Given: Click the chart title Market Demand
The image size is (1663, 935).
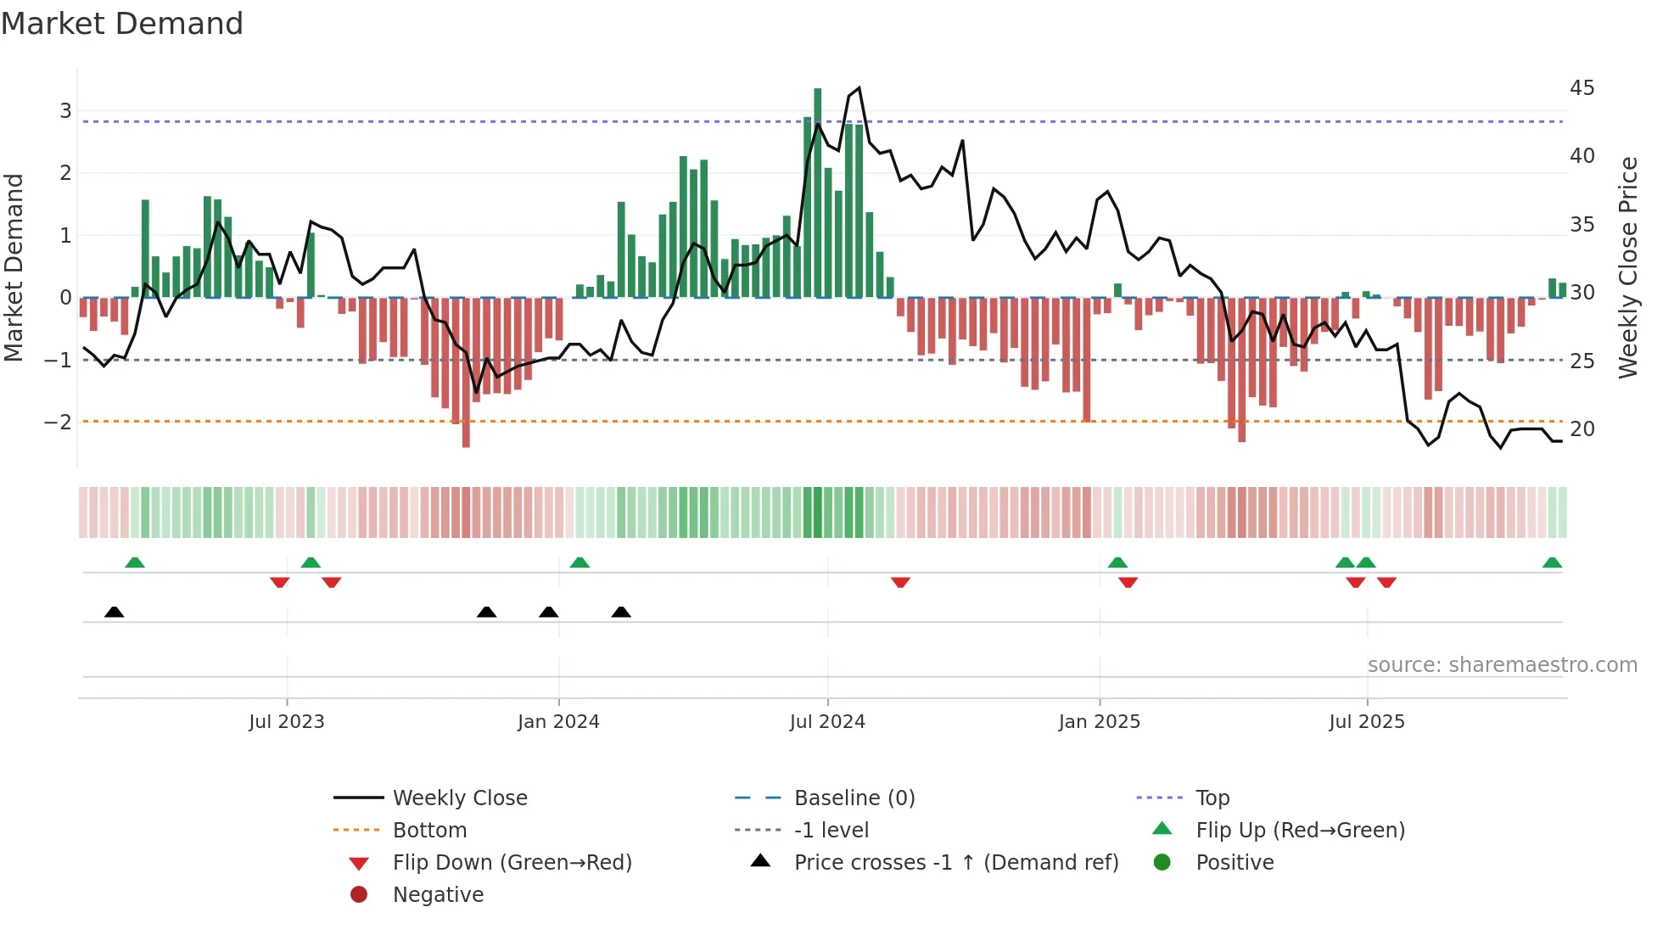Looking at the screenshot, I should point(122,24).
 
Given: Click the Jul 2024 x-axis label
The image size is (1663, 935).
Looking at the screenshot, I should point(827,722).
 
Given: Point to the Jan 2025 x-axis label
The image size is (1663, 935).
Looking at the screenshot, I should point(1099,722).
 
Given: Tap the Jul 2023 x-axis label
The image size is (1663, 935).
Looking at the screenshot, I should point(287,722).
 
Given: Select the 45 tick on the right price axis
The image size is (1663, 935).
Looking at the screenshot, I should point(1582,88).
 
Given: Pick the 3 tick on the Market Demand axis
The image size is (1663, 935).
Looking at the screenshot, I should point(65,111).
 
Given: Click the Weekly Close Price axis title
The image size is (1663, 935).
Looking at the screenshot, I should point(1627,267).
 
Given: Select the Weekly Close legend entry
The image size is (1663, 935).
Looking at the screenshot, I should point(459,798).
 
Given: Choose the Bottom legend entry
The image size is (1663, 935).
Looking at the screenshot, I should point(429,831).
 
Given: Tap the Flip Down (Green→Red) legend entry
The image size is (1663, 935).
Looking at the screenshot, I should point(512,863).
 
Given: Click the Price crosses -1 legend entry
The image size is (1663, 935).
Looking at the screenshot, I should point(956,863).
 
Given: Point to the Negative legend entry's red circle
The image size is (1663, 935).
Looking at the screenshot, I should point(359,895).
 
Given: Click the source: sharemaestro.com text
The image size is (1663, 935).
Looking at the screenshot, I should point(1502,665).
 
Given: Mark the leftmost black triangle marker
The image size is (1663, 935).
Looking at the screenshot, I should point(115,613).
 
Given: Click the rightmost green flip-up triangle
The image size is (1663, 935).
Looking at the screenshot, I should point(1552,563).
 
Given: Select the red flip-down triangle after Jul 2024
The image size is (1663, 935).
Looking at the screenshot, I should point(900,582).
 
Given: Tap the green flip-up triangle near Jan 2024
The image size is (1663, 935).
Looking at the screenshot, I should point(580,563).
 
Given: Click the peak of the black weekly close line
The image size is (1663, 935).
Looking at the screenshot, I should point(859,88).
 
